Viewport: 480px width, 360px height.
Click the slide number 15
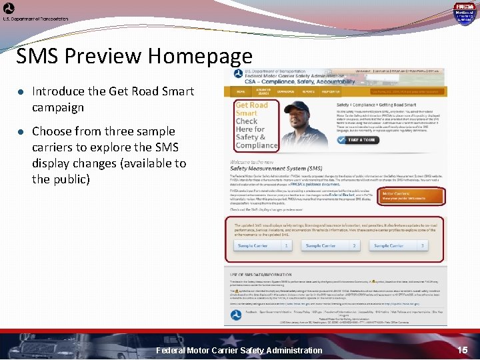462,350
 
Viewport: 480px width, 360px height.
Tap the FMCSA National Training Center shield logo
464,13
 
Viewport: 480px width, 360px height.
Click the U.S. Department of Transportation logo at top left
9,9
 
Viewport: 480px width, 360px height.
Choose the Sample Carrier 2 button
331,246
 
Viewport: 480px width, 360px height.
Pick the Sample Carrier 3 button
399,246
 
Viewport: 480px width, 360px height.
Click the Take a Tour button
361,140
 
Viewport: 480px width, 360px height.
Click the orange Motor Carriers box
404,196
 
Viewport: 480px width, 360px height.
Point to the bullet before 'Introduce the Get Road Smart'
21,92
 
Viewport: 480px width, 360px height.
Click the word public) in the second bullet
72,179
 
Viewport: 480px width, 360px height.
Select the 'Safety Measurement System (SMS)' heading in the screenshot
275,169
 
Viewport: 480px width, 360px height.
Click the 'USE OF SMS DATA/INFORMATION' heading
261,275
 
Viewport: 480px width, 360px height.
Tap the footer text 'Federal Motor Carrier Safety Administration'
239,350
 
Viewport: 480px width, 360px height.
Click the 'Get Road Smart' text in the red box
251,109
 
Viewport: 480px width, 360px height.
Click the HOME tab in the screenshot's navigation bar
241,91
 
